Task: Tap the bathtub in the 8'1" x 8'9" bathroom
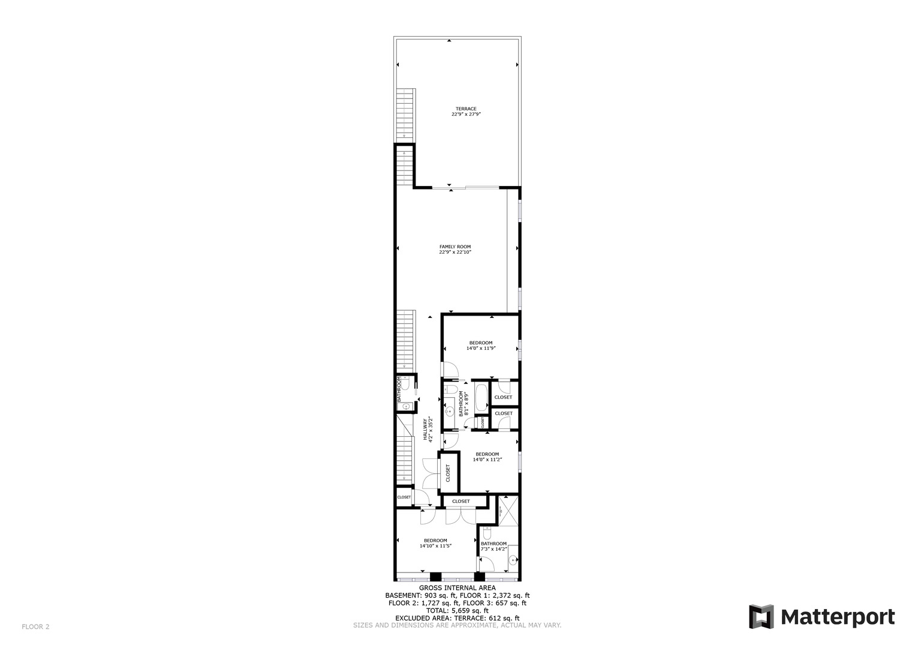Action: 481,397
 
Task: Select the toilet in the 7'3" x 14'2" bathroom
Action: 487,532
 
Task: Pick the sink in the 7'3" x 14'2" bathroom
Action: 513,561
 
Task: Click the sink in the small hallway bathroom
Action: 406,407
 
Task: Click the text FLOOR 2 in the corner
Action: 35,627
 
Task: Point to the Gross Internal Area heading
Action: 457,588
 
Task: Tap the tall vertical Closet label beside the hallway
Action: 448,473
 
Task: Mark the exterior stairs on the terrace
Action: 407,113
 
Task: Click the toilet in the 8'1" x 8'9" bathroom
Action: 449,390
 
